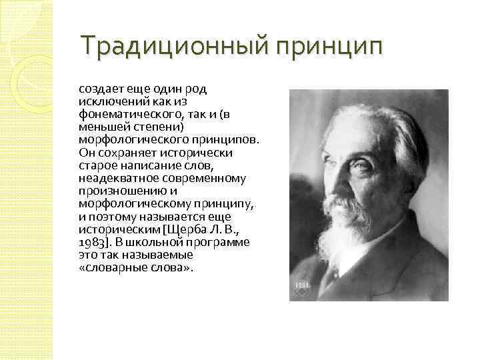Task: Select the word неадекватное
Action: tap(113, 178)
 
